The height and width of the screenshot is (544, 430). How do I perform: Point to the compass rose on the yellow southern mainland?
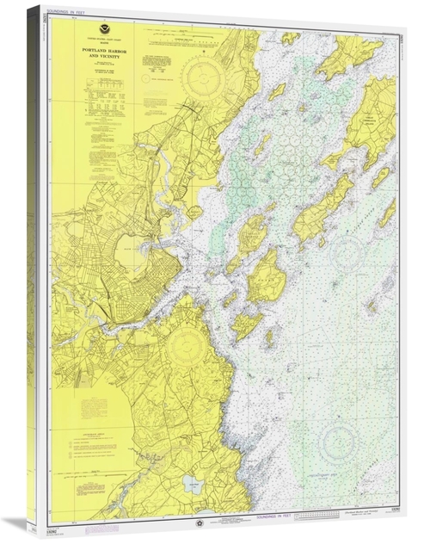(x=185, y=348)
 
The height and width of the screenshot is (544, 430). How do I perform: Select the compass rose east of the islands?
(x=346, y=253)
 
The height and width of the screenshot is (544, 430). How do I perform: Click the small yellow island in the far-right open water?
(x=372, y=306)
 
